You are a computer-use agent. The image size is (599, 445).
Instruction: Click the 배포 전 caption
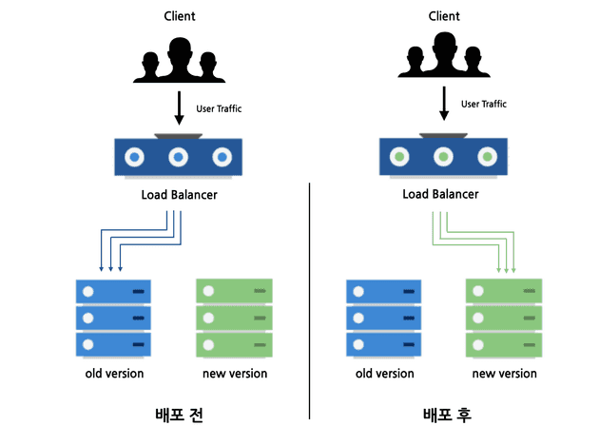pos(180,415)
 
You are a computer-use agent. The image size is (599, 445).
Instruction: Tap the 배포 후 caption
pos(447,415)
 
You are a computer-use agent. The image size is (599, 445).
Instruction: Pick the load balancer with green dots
pos(442,158)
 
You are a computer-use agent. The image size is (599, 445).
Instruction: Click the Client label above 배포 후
pos(444,17)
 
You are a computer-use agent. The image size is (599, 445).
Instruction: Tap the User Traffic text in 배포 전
pos(219,108)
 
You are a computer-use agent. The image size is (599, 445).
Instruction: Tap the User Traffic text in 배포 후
pos(485,104)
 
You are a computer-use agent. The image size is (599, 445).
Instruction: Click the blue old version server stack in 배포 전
pos(113,318)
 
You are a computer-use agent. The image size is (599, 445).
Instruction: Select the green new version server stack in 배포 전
pos(234,318)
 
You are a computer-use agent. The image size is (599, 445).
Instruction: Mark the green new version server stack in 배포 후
pos(504,318)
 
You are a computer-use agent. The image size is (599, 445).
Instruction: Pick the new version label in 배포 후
pos(504,374)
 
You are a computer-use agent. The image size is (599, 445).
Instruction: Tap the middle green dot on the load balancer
pos(442,157)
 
